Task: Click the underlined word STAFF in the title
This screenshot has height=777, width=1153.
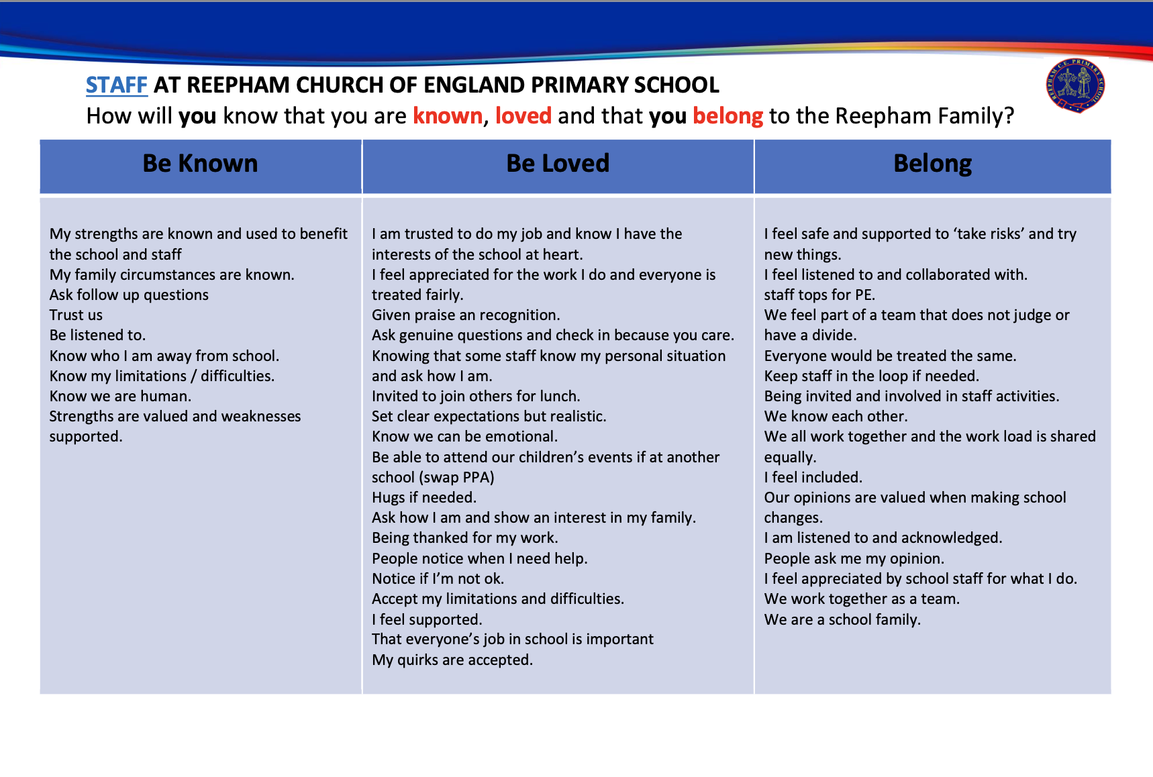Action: pos(116,85)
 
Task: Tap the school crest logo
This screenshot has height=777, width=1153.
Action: pos(1075,86)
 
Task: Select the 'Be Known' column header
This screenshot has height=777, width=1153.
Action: pos(200,164)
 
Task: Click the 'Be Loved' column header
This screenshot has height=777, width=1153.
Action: pos(558,164)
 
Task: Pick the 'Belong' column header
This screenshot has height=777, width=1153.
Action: pos(932,164)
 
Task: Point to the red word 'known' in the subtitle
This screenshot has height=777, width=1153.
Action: pos(448,116)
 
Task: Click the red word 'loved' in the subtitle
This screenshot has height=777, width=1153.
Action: pos(523,116)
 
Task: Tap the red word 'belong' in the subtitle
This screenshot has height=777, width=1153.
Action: pos(728,116)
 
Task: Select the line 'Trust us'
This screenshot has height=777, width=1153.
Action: pos(76,315)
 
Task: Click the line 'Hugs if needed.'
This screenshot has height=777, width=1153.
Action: pos(424,498)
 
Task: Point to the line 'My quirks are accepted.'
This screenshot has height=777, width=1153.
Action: pos(452,660)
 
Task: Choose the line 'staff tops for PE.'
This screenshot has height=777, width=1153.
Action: pos(819,295)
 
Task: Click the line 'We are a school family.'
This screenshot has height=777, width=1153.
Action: pos(842,620)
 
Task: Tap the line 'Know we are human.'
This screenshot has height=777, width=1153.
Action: pos(120,397)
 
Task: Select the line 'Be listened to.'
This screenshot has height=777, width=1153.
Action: pos(97,335)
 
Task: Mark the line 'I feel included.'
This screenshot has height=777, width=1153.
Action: pos(813,478)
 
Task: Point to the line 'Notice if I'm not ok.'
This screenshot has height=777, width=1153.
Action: pos(438,579)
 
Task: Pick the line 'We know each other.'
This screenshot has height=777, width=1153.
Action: pos(836,417)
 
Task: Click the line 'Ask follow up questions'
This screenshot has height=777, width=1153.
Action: pos(129,295)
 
